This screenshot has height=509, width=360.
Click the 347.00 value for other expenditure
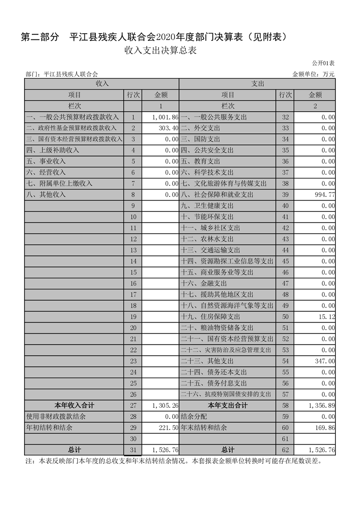point(324,361)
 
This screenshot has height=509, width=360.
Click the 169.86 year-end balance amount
point(324,427)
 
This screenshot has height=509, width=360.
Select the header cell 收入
point(102,84)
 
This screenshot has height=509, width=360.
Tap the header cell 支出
point(257,84)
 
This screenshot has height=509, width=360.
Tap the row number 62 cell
point(285,450)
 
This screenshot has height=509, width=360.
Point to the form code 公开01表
point(323,63)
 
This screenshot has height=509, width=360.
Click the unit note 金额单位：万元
point(313,74)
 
